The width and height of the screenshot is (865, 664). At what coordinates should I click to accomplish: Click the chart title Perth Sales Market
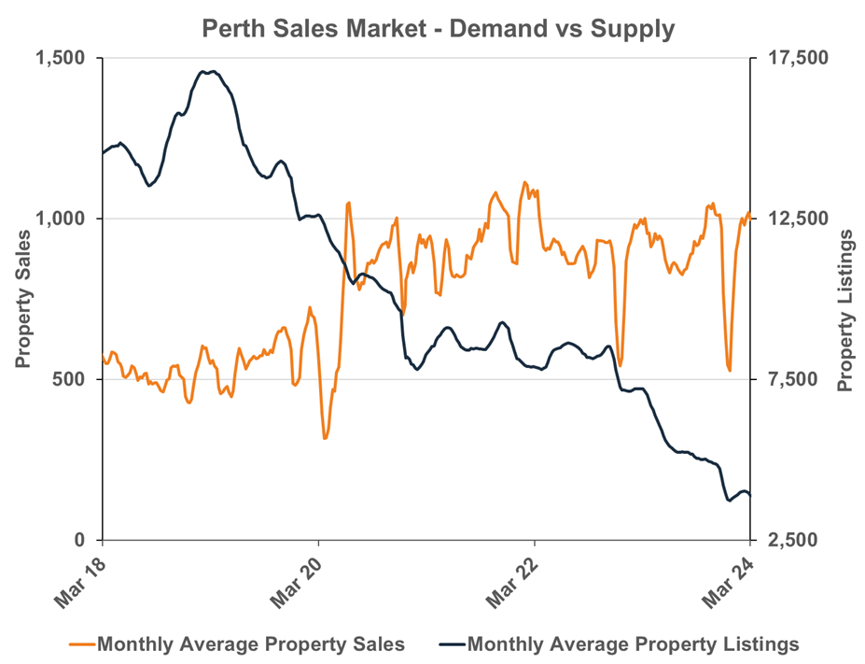[x=438, y=29]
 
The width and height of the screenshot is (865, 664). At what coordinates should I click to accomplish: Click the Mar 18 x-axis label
[x=79, y=581]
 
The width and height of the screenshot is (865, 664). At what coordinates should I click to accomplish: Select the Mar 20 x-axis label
[x=296, y=581]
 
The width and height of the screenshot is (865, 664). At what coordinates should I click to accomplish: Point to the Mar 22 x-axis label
[x=511, y=581]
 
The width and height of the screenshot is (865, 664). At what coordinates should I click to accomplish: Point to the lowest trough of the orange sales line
[x=325, y=438]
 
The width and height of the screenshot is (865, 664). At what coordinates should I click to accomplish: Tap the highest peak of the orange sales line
[x=524, y=182]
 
